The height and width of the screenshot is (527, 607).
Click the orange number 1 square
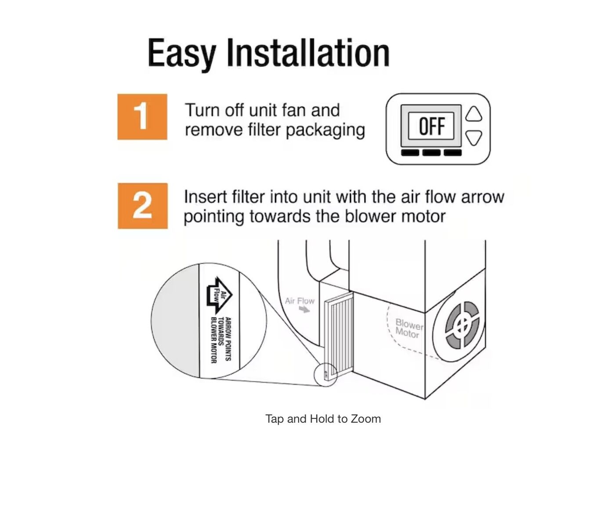click(x=142, y=116)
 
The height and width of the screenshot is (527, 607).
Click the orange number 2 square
click(x=142, y=206)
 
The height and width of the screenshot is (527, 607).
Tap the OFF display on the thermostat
click(x=431, y=126)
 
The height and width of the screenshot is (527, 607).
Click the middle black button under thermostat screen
click(x=431, y=152)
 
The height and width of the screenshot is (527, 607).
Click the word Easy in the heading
click(x=181, y=55)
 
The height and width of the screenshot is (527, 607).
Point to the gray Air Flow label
click(x=300, y=301)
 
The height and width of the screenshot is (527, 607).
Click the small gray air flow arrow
click(x=304, y=309)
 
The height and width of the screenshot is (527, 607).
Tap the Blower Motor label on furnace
click(x=408, y=328)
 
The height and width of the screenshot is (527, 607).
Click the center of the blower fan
click(x=462, y=325)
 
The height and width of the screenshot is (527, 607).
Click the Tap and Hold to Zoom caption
click(x=323, y=419)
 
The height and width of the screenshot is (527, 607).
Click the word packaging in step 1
click(x=325, y=131)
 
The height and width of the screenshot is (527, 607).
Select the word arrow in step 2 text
click(x=482, y=197)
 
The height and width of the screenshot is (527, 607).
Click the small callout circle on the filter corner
click(x=326, y=375)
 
